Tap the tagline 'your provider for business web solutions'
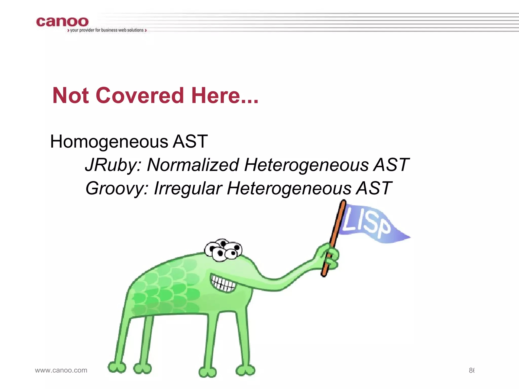click(x=107, y=30)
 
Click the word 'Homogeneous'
click(x=109, y=142)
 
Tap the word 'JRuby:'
click(x=113, y=165)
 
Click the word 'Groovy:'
click(x=117, y=189)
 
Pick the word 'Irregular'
click(x=188, y=189)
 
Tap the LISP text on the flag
click(x=366, y=222)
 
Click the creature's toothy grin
click(x=223, y=284)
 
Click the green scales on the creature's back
click(x=167, y=286)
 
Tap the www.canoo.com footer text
click(x=61, y=370)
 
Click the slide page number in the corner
click(x=471, y=370)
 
